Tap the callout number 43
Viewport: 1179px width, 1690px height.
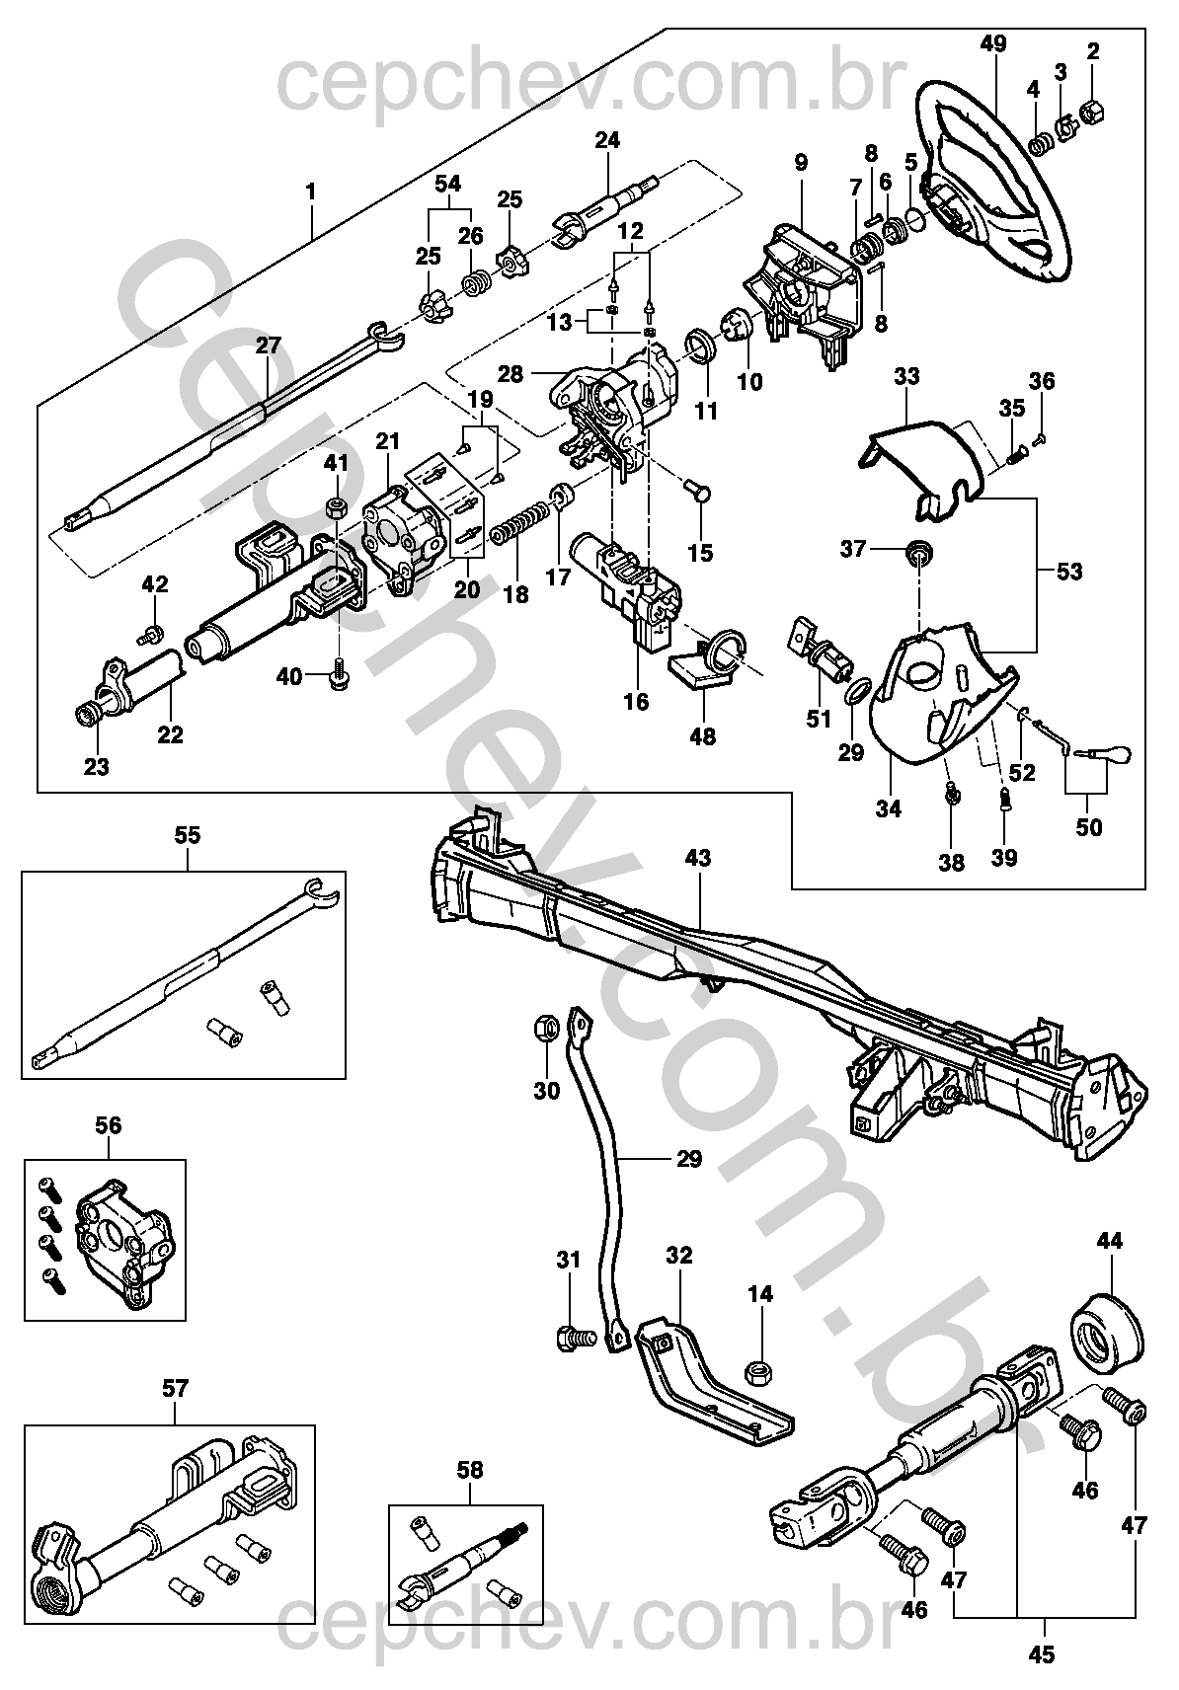click(697, 858)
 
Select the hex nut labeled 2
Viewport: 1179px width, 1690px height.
click(1093, 112)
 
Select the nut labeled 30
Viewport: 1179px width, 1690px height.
click(544, 1028)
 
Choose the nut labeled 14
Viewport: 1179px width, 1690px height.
click(760, 1372)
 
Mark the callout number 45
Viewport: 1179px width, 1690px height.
click(1042, 1655)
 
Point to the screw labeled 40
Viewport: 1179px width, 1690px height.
click(338, 676)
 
